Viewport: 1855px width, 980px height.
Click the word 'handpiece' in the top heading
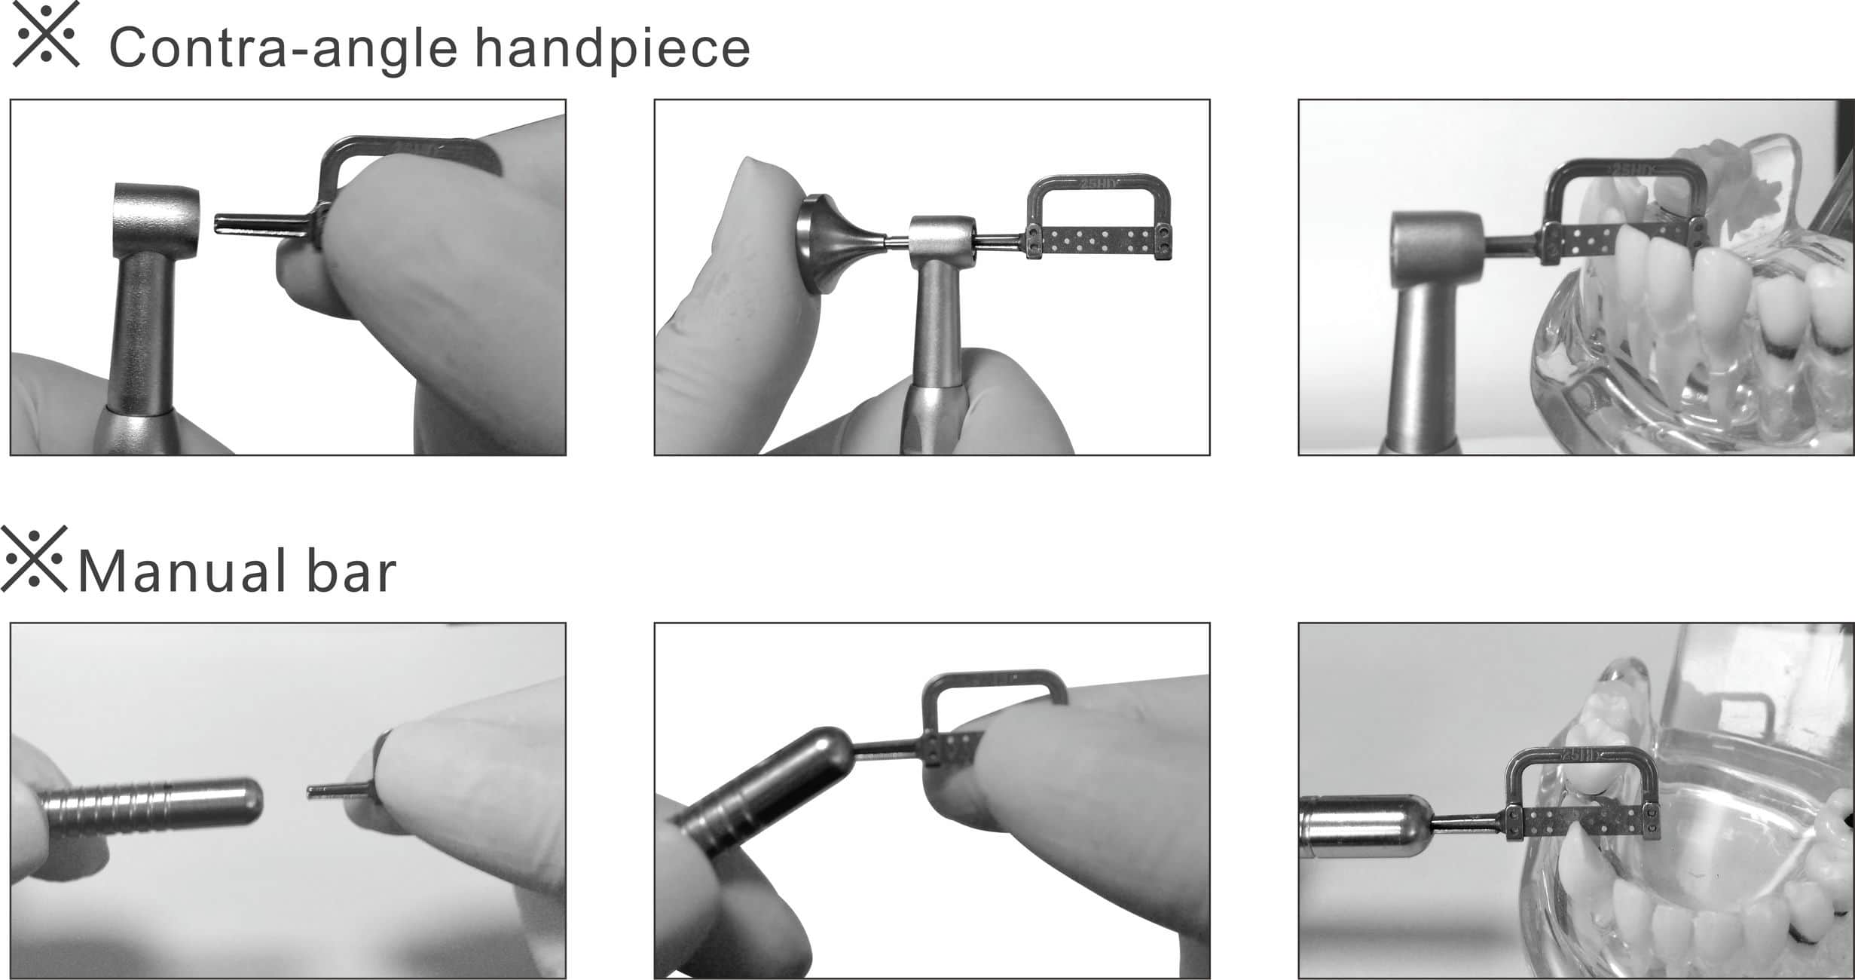(613, 47)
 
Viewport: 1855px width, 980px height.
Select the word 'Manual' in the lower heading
(182, 571)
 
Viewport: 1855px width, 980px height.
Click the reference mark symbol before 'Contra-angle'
(47, 34)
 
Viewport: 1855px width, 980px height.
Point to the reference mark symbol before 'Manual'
(34, 558)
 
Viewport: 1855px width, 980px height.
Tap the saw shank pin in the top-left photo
(260, 224)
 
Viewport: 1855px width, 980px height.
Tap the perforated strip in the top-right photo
(1620, 240)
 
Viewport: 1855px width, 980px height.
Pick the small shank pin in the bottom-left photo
(337, 791)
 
